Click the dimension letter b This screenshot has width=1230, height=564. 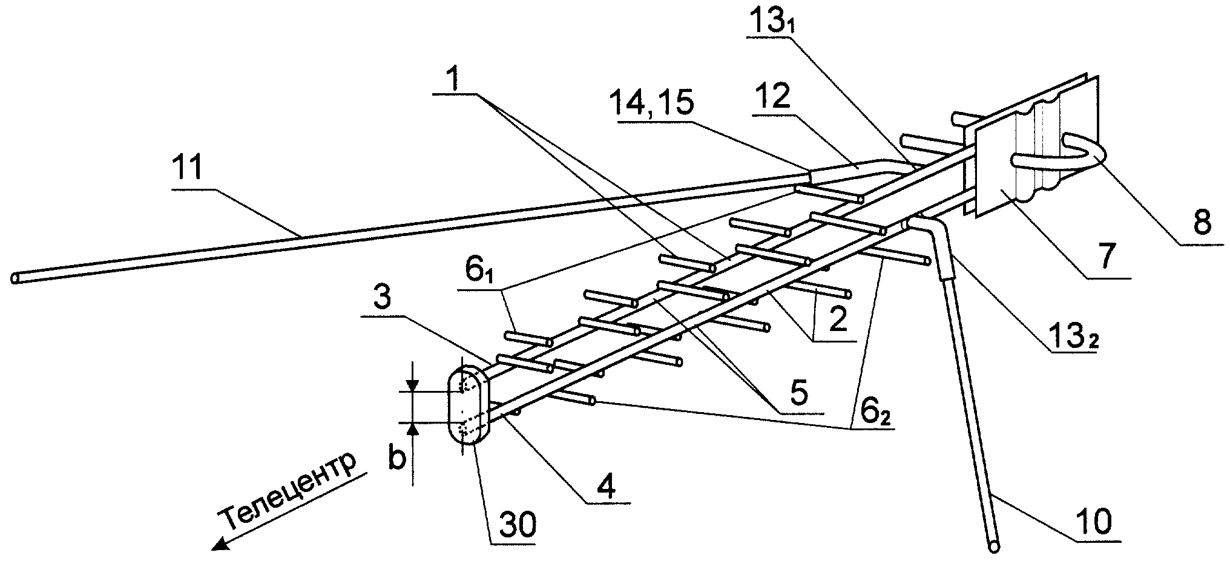click(396, 458)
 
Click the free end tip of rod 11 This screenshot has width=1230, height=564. click(15, 278)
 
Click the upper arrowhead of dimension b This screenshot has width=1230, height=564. click(412, 385)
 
